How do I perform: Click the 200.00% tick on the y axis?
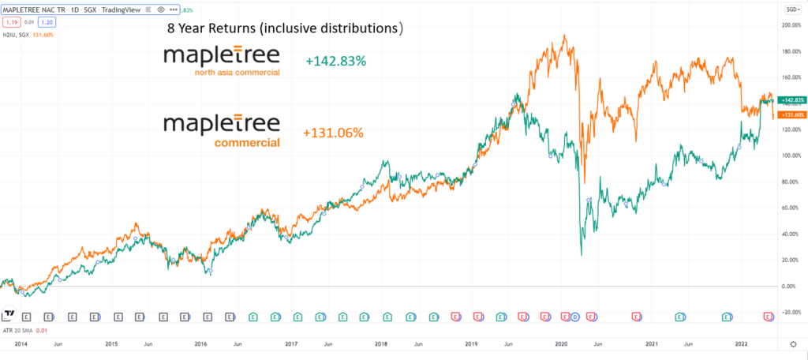790,25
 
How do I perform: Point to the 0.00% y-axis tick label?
790,286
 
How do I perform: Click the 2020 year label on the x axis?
562,344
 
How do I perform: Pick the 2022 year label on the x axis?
742,344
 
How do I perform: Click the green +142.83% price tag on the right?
791,100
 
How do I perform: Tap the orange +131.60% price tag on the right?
791,114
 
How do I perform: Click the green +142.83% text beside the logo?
335,61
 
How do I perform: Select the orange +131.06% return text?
333,133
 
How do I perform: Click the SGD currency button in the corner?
790,9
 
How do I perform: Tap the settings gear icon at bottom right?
792,345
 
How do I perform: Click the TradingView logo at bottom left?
9,315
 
